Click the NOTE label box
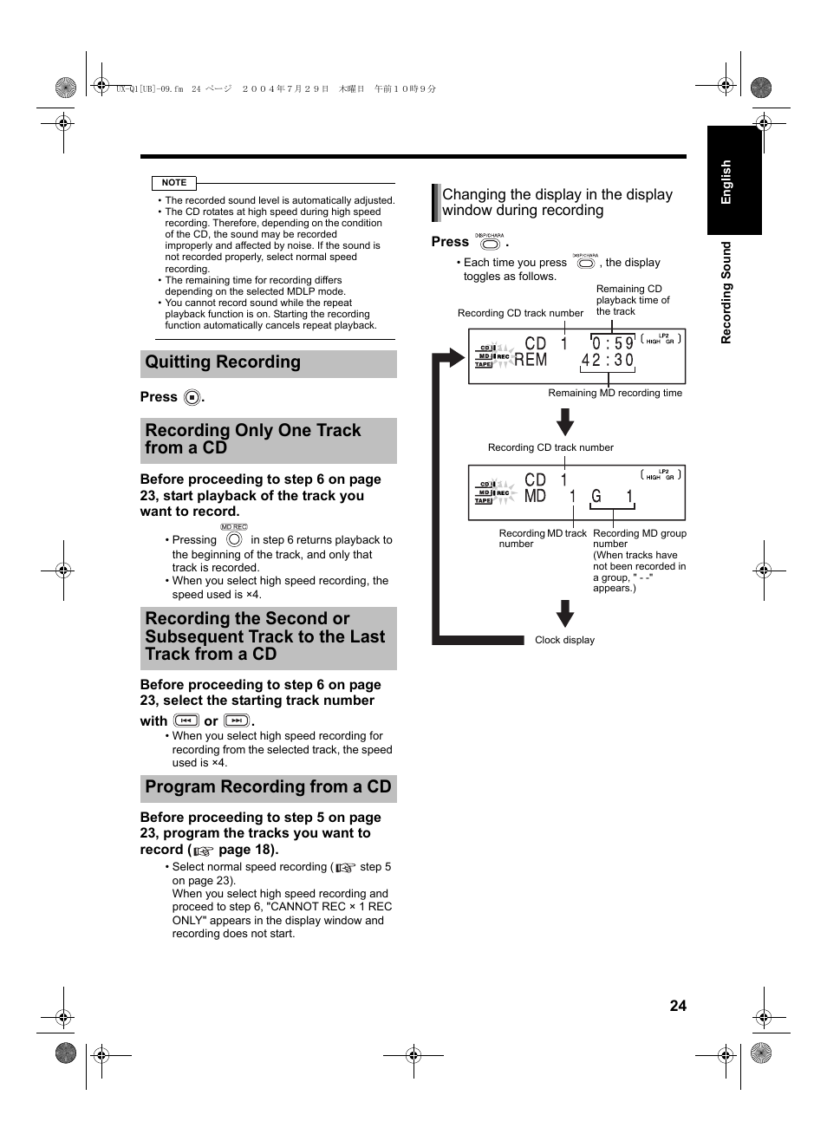[174, 183]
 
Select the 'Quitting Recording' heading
[223, 362]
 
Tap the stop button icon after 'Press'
[192, 398]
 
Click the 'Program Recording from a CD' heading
[268, 787]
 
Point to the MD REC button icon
[234, 538]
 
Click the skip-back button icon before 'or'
[186, 720]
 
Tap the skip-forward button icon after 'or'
[237, 720]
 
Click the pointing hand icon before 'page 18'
[203, 851]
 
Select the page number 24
[678, 1006]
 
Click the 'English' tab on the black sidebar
[726, 182]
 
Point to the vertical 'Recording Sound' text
[726, 292]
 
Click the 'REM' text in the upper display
[531, 360]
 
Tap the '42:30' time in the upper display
[608, 360]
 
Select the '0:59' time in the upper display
[613, 343]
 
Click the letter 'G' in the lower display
[596, 497]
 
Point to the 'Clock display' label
[564, 640]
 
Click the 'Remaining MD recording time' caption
[615, 393]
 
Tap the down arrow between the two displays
[565, 422]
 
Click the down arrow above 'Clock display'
[565, 613]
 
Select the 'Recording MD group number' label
[639, 538]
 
